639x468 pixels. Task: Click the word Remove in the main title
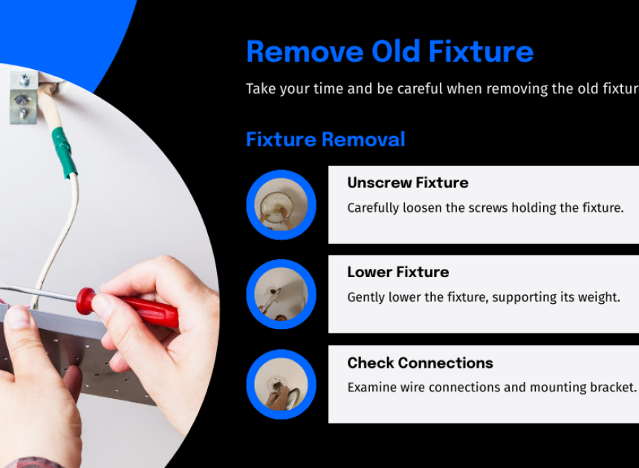[305, 52]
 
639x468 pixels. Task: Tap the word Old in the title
[396, 51]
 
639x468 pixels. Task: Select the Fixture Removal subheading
[325, 140]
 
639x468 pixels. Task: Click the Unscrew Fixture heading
[407, 183]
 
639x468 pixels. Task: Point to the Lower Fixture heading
[398, 272]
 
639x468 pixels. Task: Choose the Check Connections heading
[420, 363]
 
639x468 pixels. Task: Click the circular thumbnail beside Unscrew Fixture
[281, 205]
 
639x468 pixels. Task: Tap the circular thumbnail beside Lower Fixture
[281, 294]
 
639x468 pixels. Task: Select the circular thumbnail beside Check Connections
[281, 384]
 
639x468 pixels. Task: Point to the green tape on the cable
[65, 152]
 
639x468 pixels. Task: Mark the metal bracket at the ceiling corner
[24, 97]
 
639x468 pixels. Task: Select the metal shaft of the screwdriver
[39, 293]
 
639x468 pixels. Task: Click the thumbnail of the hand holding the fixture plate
[281, 384]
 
